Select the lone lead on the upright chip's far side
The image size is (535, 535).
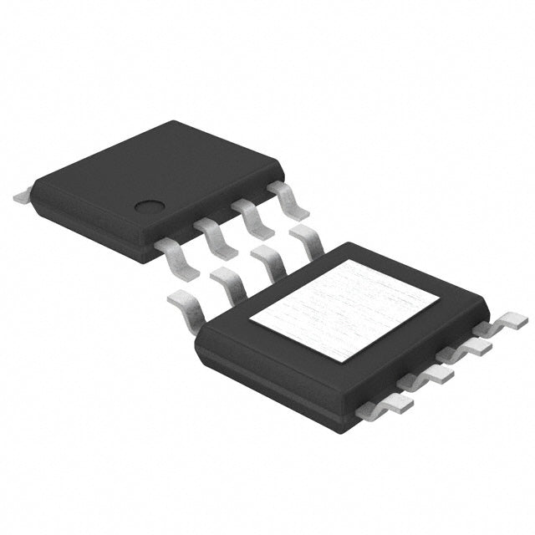[23, 197]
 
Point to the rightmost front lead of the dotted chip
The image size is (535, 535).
[286, 200]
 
